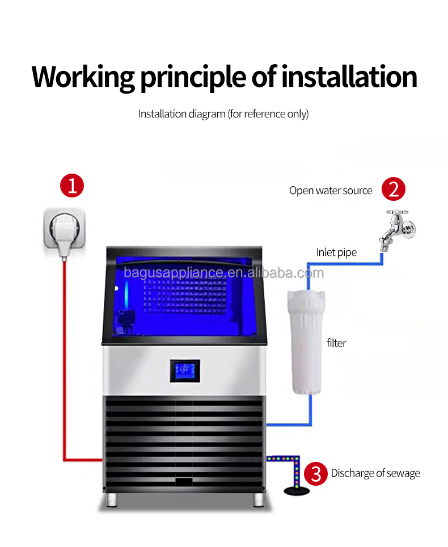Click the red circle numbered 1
point(72,186)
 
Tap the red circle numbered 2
point(394,189)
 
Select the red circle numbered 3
point(316,473)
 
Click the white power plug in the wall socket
point(66,232)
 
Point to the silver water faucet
point(399,228)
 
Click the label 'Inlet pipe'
point(336,253)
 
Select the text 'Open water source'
point(331,191)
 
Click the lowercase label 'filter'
point(336,343)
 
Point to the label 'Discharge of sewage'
point(375,473)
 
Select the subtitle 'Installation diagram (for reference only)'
point(223,114)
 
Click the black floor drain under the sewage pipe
point(295,489)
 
